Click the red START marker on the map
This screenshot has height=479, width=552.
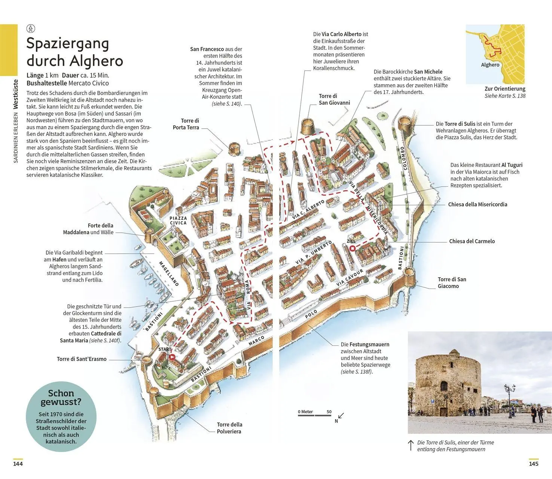pos(172,357)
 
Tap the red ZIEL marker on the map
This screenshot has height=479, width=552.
pos(352,248)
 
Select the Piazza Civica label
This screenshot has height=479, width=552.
pos(178,220)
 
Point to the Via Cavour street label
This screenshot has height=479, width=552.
pos(350,278)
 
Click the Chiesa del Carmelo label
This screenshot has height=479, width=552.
pos(472,241)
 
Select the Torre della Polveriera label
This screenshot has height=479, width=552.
pos(229,428)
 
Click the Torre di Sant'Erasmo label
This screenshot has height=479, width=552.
pos(82,359)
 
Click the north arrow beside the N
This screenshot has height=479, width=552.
pos(341,415)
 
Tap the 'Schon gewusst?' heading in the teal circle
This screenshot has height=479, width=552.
pos(61,397)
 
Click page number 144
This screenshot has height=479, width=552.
pos(18,464)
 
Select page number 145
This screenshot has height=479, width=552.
pos(533,464)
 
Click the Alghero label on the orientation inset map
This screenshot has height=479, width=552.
pos(490,65)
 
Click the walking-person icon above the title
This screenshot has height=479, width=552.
pos(31,28)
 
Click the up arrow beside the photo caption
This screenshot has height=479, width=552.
pos(411,445)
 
